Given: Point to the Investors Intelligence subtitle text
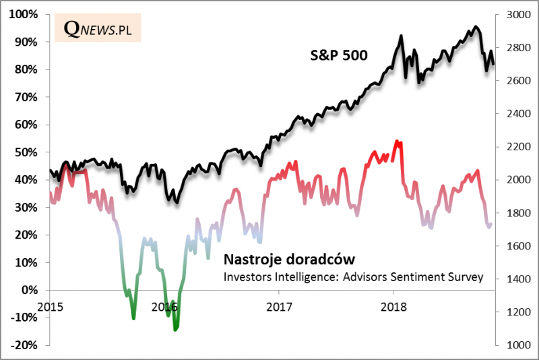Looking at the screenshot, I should (353, 276).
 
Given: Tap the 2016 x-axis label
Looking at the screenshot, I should (164, 307).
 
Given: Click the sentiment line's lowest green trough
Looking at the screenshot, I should (176, 330).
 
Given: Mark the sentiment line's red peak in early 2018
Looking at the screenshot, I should (396, 141).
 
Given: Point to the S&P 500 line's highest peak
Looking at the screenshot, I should (476, 27).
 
